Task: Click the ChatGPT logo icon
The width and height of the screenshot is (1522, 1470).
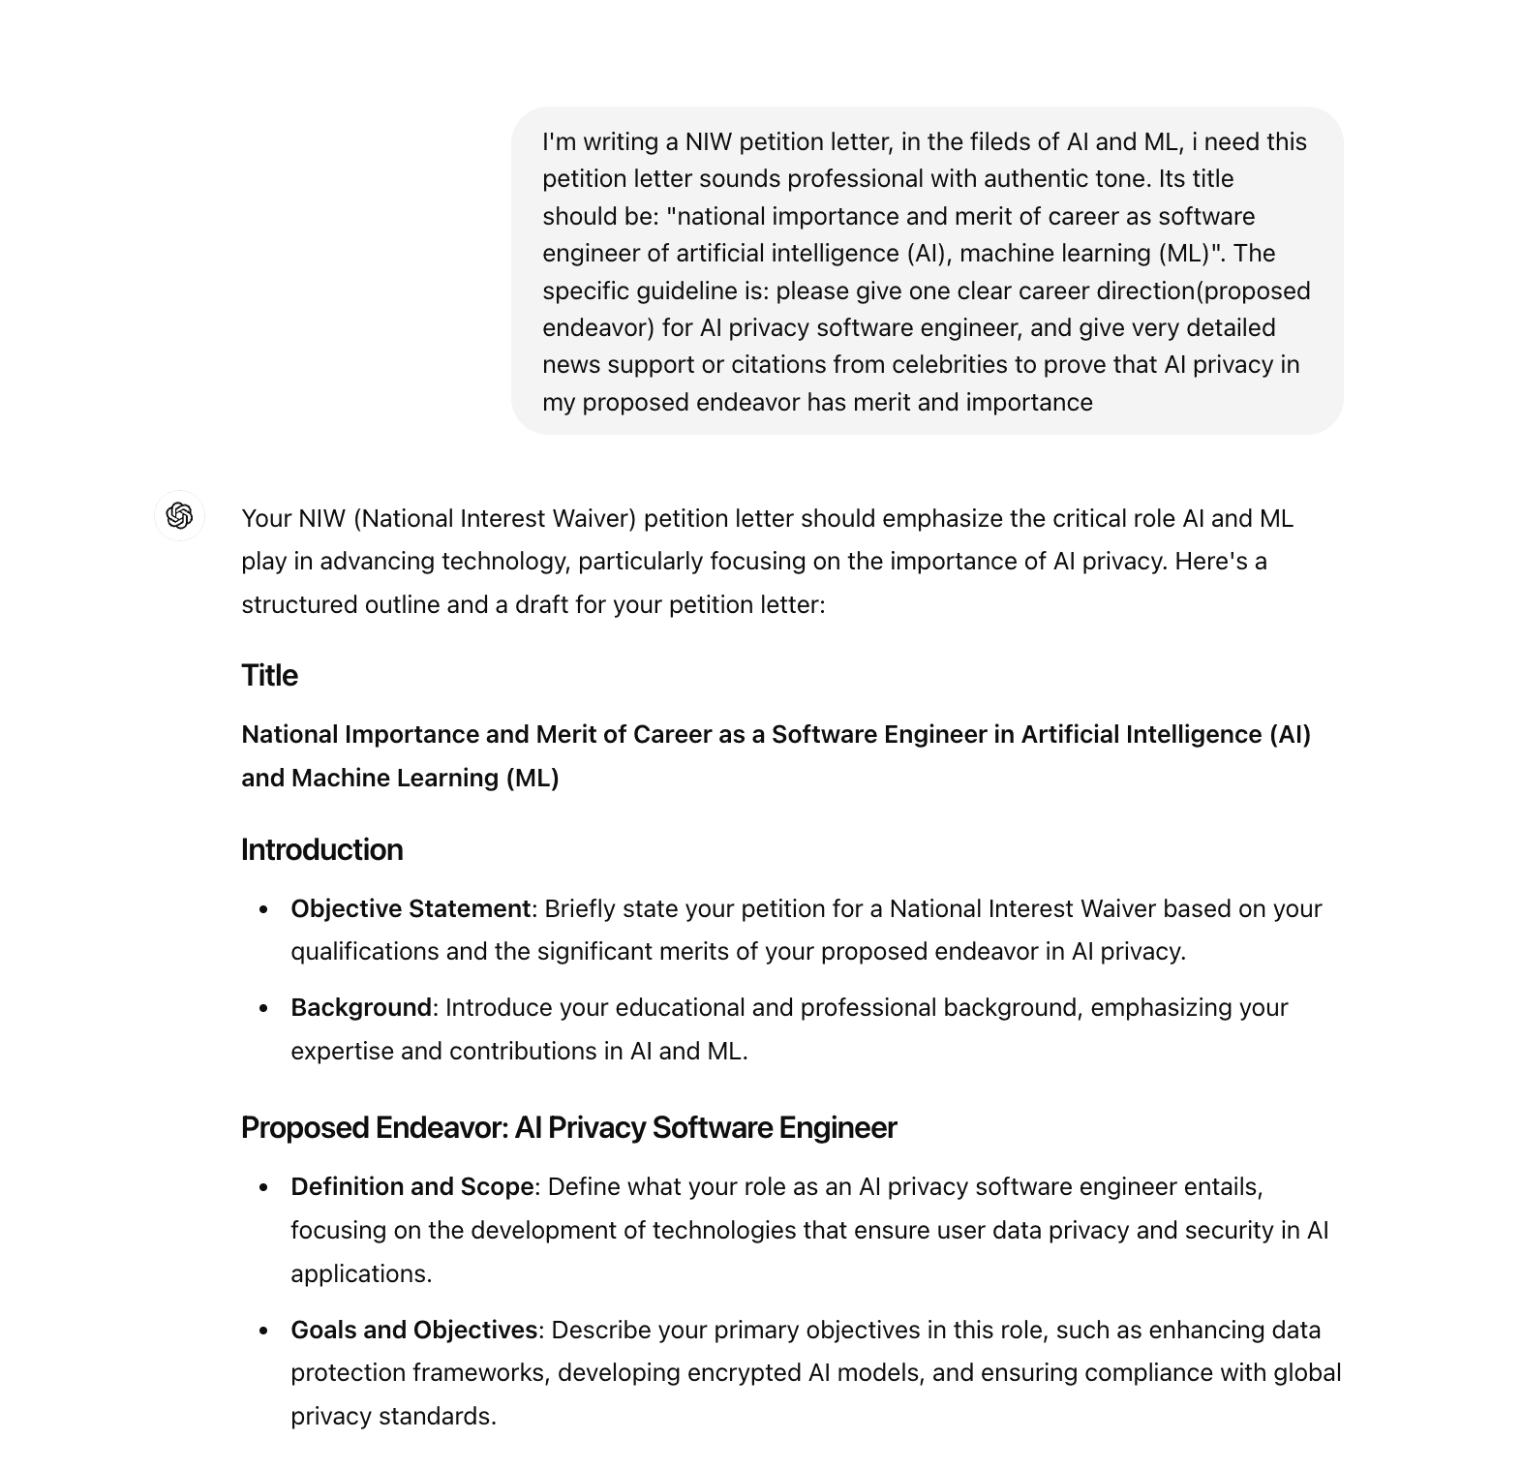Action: pos(179,515)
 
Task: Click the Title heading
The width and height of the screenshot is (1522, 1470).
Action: pos(269,675)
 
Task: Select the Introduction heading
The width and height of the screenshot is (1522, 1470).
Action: pos(321,849)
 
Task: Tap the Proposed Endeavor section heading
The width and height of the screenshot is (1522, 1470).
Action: pos(568,1127)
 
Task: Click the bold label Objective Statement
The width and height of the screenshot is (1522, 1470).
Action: pos(410,908)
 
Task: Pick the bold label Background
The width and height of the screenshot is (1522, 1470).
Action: pos(360,1007)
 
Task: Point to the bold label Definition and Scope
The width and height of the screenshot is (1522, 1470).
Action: pos(411,1186)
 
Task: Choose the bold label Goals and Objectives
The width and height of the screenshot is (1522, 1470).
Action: pos(413,1330)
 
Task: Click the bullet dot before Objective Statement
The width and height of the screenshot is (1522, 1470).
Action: pos(263,909)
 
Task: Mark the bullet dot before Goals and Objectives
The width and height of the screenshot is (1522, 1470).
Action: pos(263,1331)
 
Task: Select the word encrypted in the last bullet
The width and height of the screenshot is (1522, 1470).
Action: pos(745,1372)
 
